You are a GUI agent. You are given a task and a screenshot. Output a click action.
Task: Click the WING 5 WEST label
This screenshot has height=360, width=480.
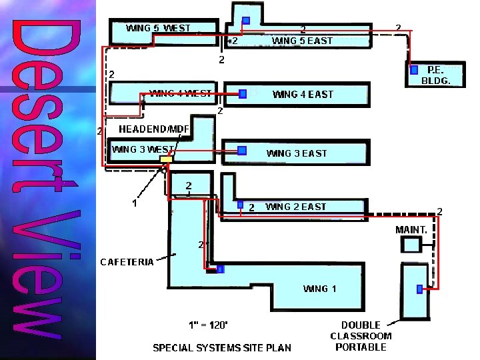(x=158, y=28)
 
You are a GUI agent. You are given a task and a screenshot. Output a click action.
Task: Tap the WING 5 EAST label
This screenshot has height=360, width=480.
(x=302, y=41)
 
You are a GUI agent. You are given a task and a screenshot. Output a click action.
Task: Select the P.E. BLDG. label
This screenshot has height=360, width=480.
(x=436, y=75)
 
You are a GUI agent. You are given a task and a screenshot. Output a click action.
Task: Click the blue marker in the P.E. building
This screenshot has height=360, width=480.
(x=414, y=69)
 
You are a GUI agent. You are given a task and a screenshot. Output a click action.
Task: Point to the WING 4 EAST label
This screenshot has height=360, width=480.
(x=303, y=95)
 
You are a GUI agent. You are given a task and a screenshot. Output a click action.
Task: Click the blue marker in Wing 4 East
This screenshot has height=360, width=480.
(x=243, y=94)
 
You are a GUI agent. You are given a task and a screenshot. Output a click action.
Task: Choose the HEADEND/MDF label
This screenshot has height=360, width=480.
(x=154, y=129)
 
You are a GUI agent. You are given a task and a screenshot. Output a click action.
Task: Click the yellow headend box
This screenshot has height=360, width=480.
(x=166, y=159)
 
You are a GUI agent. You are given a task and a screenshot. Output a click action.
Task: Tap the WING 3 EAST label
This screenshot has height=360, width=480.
(x=297, y=153)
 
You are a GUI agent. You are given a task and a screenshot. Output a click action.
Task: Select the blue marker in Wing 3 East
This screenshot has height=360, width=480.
(x=242, y=151)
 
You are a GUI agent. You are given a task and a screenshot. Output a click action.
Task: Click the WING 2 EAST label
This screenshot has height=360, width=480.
(x=296, y=207)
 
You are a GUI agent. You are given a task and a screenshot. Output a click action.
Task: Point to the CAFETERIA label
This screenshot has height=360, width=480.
(x=127, y=261)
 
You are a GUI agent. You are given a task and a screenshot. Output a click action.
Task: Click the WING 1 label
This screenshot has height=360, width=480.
(x=320, y=289)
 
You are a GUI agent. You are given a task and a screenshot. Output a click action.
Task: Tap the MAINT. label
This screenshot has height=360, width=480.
(x=411, y=229)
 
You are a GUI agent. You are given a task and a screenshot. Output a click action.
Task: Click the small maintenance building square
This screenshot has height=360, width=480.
(x=411, y=245)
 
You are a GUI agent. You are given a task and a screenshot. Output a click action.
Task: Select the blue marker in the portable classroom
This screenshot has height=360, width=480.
(x=419, y=289)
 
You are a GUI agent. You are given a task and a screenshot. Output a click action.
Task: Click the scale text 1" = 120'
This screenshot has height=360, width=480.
(x=208, y=325)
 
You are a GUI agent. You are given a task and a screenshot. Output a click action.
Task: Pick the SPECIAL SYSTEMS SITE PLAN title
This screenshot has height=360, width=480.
(x=222, y=347)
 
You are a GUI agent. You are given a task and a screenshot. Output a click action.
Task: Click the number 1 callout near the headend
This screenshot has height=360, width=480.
(x=134, y=203)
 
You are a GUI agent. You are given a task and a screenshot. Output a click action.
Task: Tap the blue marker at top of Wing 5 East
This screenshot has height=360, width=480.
(x=246, y=21)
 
